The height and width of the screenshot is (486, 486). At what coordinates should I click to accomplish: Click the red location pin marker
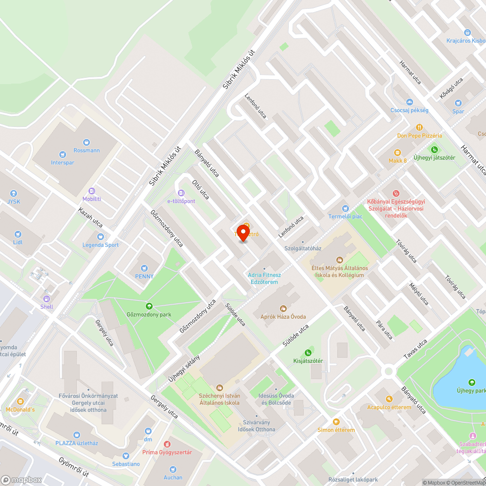242,232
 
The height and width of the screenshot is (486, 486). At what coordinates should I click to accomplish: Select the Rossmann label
87,150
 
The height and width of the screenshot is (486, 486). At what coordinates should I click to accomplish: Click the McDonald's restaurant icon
20,401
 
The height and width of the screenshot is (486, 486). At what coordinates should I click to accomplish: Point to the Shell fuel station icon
47,299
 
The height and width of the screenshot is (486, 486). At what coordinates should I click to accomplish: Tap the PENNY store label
144,276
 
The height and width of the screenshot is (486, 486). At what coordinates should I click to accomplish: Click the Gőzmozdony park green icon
149,306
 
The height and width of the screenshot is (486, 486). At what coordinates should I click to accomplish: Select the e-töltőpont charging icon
181,193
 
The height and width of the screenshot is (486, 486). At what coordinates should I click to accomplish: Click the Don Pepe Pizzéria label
419,136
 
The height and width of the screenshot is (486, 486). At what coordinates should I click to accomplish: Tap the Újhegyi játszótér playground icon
434,149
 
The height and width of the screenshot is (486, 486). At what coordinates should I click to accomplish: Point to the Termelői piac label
345,216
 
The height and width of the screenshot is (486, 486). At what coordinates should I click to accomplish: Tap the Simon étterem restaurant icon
336,421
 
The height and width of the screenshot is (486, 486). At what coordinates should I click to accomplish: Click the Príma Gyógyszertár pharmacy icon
167,444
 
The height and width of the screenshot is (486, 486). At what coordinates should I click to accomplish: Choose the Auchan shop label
173,477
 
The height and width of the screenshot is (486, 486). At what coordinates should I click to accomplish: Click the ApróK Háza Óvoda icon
283,308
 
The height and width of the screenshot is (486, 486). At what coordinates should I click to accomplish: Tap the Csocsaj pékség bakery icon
409,102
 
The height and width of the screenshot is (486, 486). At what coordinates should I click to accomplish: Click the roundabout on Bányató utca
388,372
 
